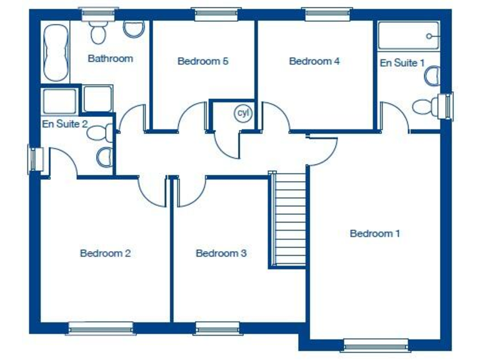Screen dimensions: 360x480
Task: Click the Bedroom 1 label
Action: tap(375, 234)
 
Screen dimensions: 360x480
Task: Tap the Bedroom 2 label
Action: tap(105, 253)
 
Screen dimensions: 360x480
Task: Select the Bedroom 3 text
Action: tap(221, 253)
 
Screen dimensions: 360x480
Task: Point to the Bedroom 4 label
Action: tap(314, 61)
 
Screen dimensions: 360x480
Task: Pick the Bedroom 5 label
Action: tap(202, 61)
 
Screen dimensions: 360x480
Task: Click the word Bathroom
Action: tap(111, 59)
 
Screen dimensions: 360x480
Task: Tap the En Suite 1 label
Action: tap(402, 63)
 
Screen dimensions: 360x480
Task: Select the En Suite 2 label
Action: tap(64, 124)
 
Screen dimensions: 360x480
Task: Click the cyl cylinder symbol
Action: tap(242, 113)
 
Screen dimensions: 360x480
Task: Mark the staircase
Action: tap(288, 219)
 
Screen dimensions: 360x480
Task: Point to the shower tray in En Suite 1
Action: tap(408, 36)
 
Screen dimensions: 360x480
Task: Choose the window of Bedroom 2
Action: tap(101, 327)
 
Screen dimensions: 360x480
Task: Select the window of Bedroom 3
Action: tap(218, 327)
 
